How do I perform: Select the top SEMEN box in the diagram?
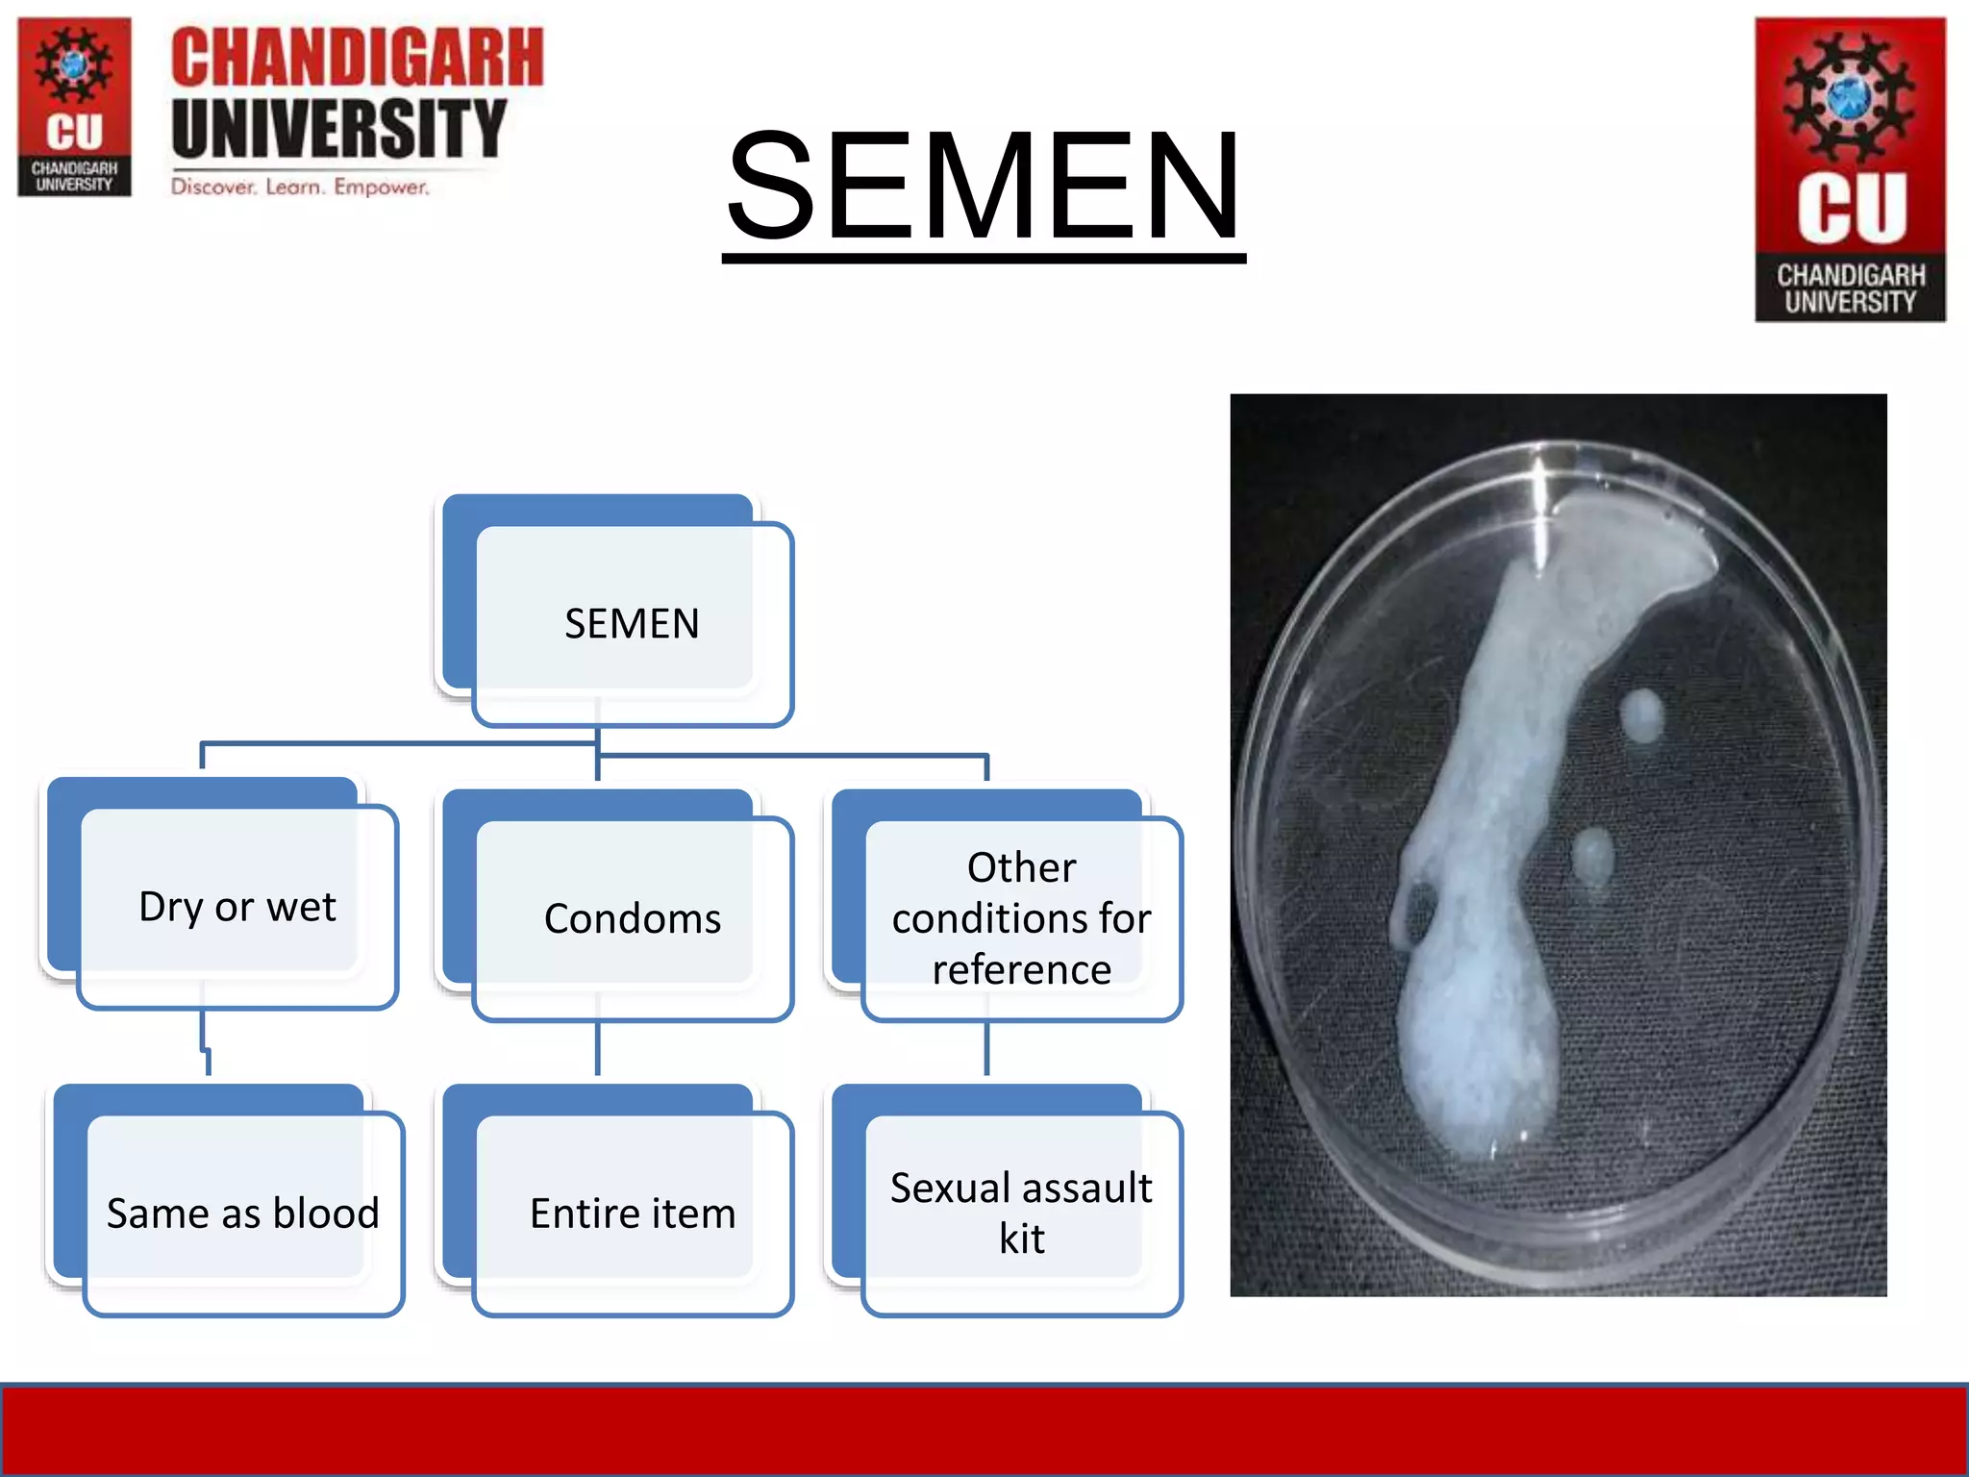click(631, 623)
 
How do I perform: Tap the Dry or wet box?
click(237, 906)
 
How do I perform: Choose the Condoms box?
click(632, 918)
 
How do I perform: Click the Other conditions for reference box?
click(1021, 917)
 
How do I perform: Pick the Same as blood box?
click(242, 1213)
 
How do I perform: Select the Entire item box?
click(632, 1213)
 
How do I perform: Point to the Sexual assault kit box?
click(1021, 1213)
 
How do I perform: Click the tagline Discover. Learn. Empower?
click(300, 187)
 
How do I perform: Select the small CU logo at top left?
click(74, 107)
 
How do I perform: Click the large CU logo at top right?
click(1850, 169)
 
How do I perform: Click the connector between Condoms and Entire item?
click(598, 1048)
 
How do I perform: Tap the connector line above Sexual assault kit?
click(986, 1048)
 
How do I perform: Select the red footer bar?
click(984, 1430)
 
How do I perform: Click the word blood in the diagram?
click(326, 1213)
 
